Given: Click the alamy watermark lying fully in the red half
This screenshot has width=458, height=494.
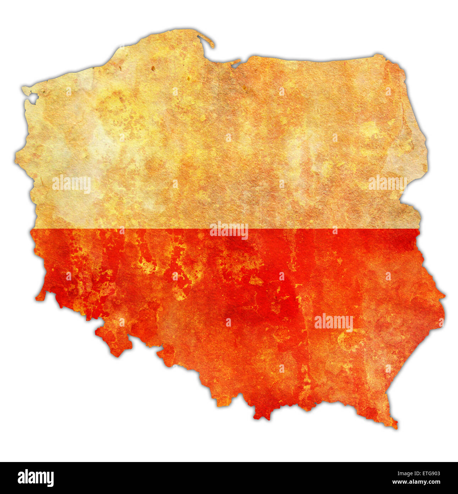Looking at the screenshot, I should coord(333,322).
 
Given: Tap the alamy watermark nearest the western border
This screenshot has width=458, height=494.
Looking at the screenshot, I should coord(71,184).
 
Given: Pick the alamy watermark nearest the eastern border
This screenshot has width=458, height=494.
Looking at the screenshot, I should coord(387,183).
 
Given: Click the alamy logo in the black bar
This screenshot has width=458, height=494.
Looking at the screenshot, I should coord(36,478).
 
